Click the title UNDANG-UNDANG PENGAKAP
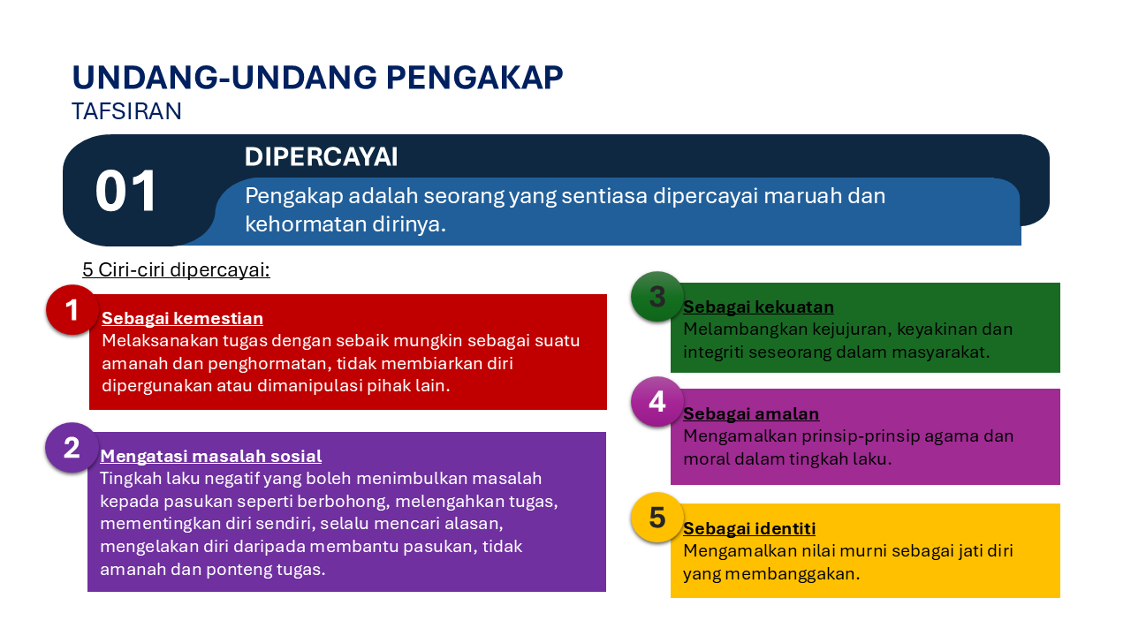click(317, 78)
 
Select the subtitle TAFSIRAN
click(126, 111)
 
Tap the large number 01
click(126, 192)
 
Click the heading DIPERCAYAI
click(321, 156)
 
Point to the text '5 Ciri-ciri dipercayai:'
click(176, 269)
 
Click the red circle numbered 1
click(72, 310)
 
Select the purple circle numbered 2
click(72, 448)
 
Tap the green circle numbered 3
click(657, 297)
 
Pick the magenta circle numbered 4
click(657, 402)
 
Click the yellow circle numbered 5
click(657, 518)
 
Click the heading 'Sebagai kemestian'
click(182, 319)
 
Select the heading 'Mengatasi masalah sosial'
click(211, 457)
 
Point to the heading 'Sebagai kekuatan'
click(758, 307)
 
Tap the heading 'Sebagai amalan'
click(750, 414)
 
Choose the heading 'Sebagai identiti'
click(748, 529)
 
